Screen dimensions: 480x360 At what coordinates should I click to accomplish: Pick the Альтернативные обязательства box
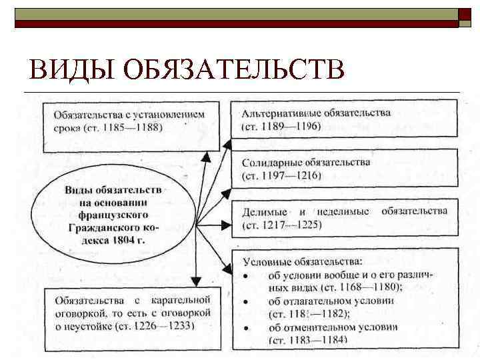(x=344, y=119)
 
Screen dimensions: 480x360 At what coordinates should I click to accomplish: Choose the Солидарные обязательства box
(x=344, y=168)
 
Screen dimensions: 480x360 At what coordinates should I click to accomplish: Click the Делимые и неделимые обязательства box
(x=344, y=218)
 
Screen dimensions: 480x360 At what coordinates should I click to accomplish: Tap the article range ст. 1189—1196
(x=281, y=126)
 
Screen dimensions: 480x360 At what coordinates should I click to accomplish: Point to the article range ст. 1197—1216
(x=281, y=175)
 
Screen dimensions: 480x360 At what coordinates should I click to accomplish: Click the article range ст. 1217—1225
(x=281, y=225)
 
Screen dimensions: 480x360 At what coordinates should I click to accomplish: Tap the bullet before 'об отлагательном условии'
(x=245, y=301)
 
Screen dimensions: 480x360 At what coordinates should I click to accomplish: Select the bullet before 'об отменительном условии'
(x=245, y=327)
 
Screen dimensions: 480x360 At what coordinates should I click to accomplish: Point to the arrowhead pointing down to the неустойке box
(x=196, y=281)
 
